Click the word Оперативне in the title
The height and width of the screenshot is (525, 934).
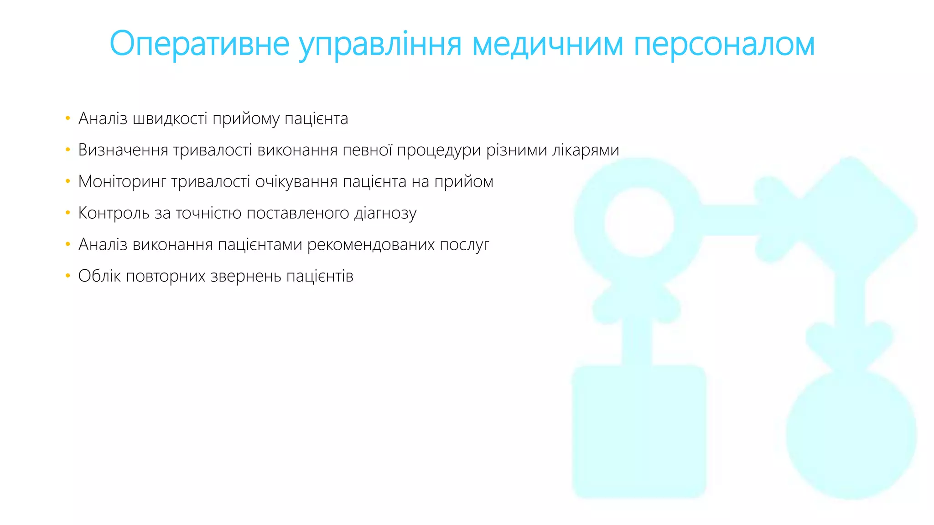200,44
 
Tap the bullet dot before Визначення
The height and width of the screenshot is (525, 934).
68,150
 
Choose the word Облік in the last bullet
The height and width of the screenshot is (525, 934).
99,276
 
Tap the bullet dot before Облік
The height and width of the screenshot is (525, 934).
68,276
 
